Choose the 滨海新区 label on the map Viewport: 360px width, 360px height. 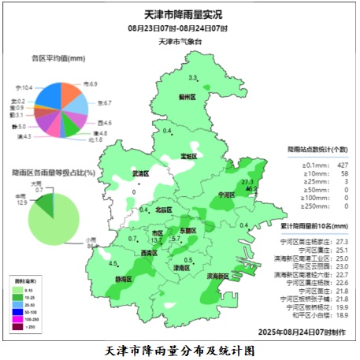(218, 276)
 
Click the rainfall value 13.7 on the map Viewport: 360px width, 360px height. (158, 240)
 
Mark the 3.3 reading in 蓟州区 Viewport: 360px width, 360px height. (193, 77)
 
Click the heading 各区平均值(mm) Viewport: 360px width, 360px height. (58, 58)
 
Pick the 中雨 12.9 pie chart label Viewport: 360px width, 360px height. (21, 198)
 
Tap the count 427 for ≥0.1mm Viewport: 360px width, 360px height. (342, 164)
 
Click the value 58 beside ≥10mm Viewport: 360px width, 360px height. (343, 173)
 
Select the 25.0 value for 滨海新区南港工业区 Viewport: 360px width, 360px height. (342, 258)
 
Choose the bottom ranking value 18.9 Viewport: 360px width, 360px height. (342, 314)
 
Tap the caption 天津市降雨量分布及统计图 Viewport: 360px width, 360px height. (180, 348)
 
